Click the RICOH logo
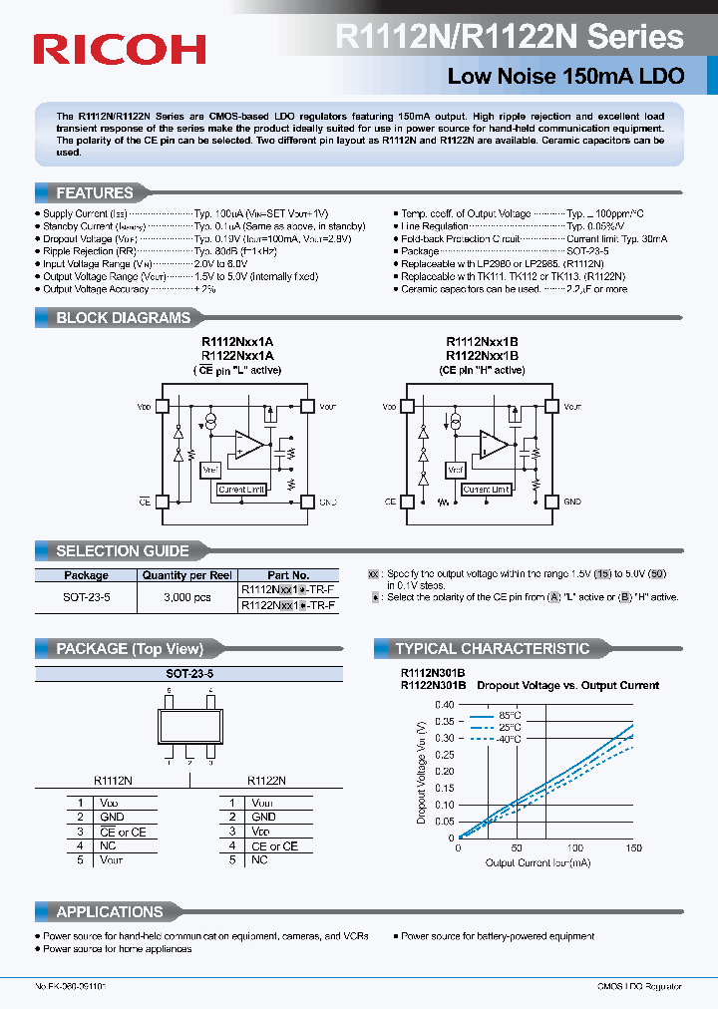coord(120,48)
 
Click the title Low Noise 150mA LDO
coord(565,77)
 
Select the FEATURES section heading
coord(94,193)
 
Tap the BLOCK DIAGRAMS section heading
coord(122,318)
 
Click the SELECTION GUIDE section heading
coord(122,550)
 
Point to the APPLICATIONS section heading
coord(109,911)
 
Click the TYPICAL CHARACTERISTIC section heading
coord(492,649)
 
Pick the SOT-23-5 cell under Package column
coord(86,597)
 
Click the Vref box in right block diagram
coord(455,469)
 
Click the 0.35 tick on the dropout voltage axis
coord(446,721)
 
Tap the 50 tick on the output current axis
coord(516,846)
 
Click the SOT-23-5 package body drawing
coord(190,724)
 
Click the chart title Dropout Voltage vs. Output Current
coord(567,686)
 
